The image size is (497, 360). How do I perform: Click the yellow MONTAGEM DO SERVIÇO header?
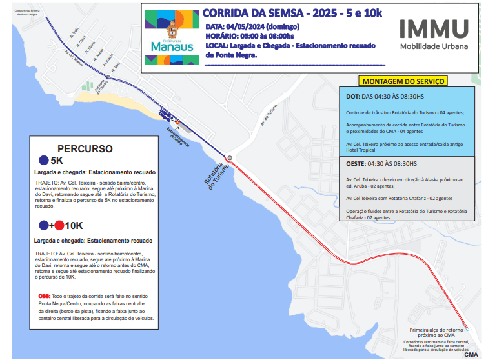tap(403, 81)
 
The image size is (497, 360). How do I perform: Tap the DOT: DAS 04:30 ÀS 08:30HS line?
tap(385, 97)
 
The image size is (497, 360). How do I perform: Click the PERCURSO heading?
tap(85, 148)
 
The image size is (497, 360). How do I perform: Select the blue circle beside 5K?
tap(43, 161)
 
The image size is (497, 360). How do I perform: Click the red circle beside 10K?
tap(59, 226)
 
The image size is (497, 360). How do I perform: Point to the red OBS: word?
tap(44, 296)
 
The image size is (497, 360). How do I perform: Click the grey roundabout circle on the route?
tap(229, 157)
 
